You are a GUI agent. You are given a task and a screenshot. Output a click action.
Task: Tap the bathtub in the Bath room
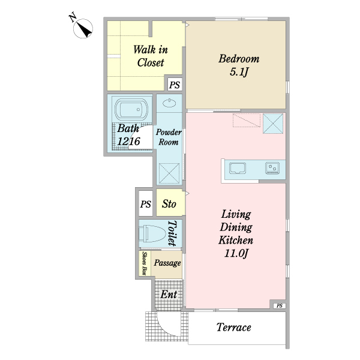131,110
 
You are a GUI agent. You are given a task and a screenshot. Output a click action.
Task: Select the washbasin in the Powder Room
169,103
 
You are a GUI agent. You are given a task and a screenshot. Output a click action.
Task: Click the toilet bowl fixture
152,233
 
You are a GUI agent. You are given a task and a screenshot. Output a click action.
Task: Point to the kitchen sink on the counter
238,168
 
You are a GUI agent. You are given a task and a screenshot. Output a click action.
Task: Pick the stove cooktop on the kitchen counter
272,168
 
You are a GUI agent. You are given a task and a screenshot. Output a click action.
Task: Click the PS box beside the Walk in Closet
175,85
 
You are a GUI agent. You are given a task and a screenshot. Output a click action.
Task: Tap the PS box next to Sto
146,203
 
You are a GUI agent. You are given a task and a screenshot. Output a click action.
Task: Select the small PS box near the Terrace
280,305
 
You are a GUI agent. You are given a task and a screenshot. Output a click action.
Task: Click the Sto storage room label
169,204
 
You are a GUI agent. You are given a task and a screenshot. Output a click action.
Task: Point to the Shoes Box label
145,263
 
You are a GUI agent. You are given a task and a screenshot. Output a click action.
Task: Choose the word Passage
167,263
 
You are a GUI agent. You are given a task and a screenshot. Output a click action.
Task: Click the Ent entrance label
169,295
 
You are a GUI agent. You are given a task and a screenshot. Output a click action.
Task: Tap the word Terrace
234,327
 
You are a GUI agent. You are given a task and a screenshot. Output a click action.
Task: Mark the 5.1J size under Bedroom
239,72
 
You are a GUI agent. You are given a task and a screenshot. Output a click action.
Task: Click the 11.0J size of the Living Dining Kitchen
236,253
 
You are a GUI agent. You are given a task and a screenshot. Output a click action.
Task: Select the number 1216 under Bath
128,141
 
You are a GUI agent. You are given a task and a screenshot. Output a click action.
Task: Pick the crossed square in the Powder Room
169,173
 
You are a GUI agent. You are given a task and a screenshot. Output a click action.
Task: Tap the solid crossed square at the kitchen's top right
273,123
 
